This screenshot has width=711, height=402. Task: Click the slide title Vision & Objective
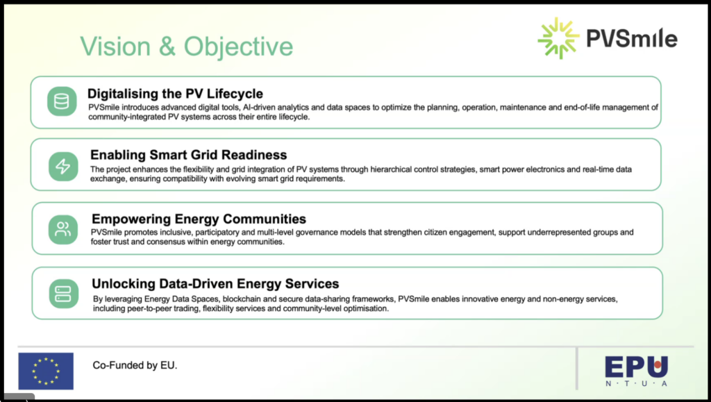pos(186,47)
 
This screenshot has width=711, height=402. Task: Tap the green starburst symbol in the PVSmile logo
pos(558,38)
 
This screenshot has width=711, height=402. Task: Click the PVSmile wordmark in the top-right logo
pos(632,38)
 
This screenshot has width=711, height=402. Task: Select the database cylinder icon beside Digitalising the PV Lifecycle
pos(62,101)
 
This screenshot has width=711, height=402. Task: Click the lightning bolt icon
pos(63,167)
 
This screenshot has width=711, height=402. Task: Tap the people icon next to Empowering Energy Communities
pos(63,229)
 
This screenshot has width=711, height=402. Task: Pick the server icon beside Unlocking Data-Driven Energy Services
pos(63,294)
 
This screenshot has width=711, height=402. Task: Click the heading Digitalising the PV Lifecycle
pos(175,94)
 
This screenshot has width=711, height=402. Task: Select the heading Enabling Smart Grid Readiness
pos(189,155)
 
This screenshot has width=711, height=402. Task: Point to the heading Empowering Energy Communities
pos(199,219)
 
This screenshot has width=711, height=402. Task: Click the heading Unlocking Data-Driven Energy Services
pos(215,284)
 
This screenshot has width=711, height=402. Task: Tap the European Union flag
pos(46,371)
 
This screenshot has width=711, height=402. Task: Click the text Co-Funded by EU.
pos(135,365)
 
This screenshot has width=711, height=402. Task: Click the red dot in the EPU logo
pos(658,364)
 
